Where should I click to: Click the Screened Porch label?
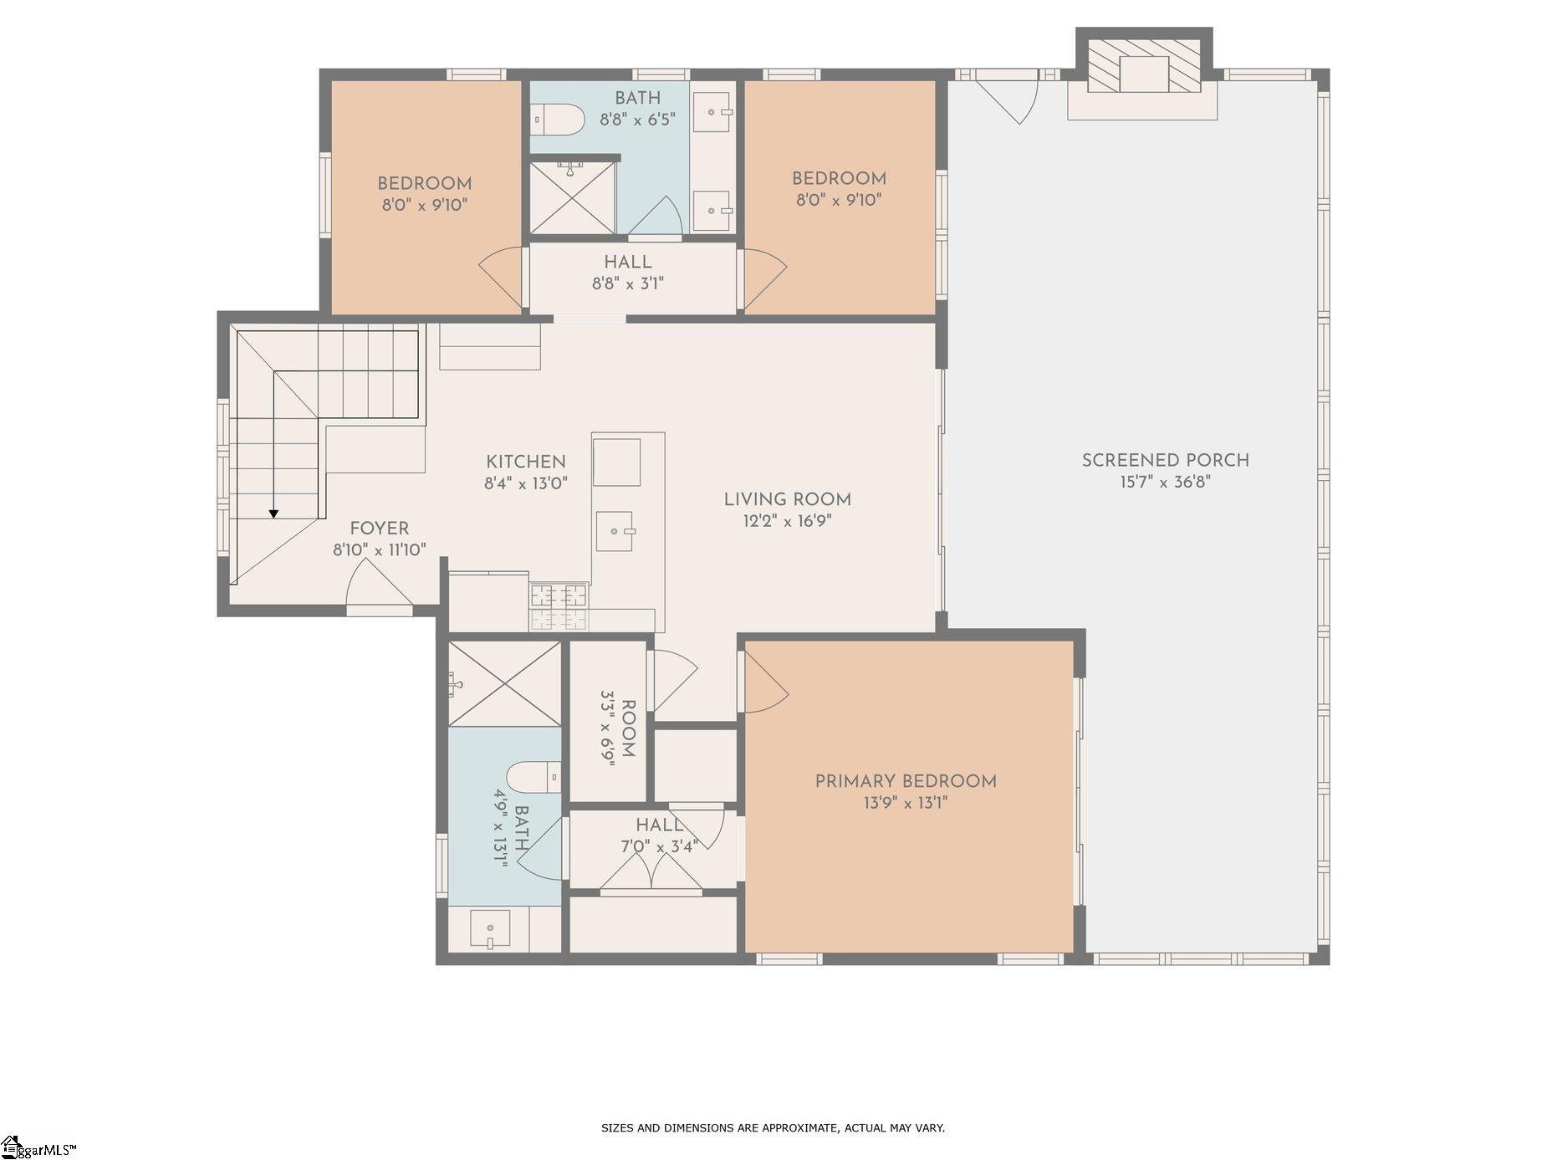(x=1165, y=460)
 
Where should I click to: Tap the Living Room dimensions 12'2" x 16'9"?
(x=787, y=521)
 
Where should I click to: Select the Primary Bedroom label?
(x=906, y=781)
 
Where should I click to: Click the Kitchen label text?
(x=526, y=462)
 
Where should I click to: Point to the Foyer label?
(x=380, y=529)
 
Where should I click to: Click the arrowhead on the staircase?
(x=273, y=514)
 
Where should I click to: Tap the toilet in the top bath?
(x=558, y=120)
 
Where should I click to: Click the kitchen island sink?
(x=617, y=531)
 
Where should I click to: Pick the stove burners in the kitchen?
(x=558, y=596)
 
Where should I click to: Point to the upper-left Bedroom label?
(x=424, y=184)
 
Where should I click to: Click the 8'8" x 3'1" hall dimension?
(x=627, y=284)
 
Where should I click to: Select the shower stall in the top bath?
(x=572, y=198)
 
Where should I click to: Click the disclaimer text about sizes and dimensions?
(x=773, y=1127)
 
